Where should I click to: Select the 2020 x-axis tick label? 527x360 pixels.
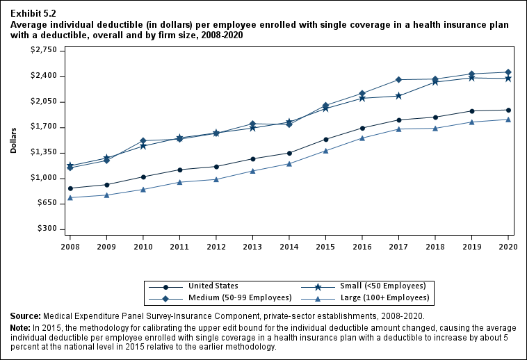508,246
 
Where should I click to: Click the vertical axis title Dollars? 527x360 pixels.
15,140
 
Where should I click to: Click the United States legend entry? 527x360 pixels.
213,286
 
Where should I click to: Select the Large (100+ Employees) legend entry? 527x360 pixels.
388,298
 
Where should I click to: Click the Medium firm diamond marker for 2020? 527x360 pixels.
508,72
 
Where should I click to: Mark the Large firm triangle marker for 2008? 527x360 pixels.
70,197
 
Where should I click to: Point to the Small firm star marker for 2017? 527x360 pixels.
398,96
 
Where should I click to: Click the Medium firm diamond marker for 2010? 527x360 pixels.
143,141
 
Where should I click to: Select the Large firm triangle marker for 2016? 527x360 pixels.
362,138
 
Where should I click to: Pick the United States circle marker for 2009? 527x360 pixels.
106,185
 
